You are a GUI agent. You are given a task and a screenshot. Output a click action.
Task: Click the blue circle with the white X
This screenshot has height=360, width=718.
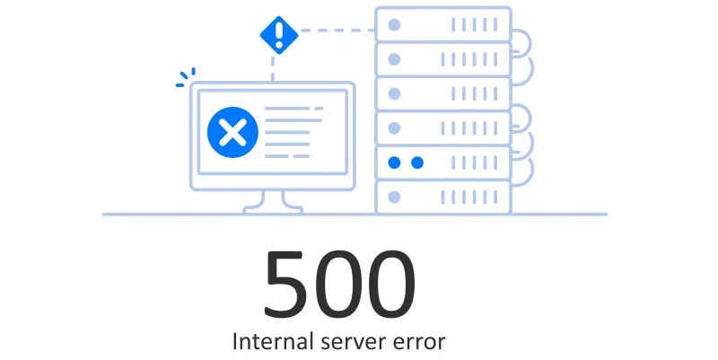coord(232,134)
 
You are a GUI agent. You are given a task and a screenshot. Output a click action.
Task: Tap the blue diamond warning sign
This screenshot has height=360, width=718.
coord(278,35)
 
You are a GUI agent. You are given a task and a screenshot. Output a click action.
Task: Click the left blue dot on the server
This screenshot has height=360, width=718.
coord(393,162)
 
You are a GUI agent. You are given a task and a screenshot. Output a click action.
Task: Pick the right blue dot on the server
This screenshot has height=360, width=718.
coord(416,162)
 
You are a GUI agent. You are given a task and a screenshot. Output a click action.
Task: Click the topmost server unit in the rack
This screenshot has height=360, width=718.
coord(442,23)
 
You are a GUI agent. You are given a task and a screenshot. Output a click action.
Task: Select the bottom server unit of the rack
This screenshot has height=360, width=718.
coord(442,197)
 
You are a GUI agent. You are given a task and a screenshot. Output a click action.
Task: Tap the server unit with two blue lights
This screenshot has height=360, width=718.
coord(442,162)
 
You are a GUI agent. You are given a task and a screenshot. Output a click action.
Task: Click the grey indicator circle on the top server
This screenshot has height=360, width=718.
coord(393,24)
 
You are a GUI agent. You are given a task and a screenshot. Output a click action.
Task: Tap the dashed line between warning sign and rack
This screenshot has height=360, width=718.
coord(337,30)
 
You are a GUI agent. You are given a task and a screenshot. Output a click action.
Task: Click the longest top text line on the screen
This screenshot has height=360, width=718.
coord(293,109)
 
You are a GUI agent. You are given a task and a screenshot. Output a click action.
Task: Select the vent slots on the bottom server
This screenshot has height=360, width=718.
coord(471,197)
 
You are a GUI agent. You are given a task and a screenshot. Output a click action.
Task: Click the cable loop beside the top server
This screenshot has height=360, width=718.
coord(522,41)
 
